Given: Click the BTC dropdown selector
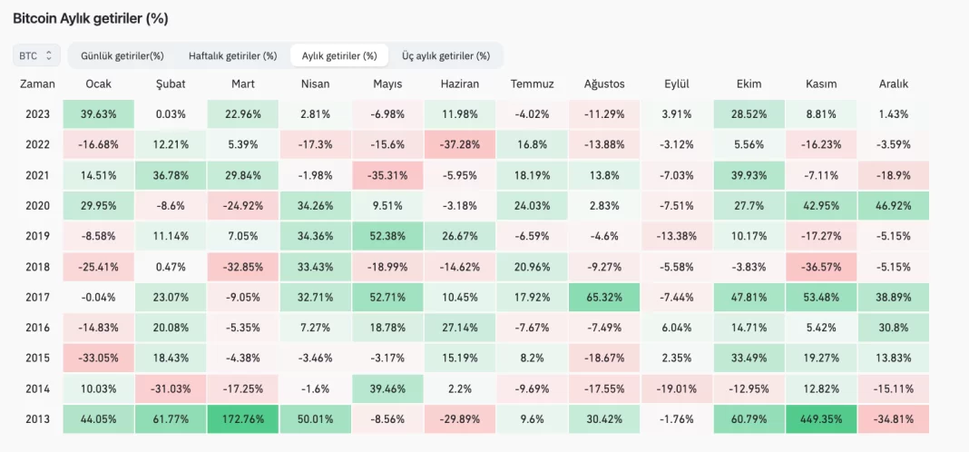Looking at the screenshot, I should [37, 55].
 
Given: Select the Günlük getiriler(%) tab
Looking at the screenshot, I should [122, 55].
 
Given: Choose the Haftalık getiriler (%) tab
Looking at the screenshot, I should [232, 55].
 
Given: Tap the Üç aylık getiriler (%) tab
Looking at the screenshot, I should [445, 55].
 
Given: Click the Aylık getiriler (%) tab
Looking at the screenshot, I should [338, 55].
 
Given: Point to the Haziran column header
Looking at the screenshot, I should [460, 84].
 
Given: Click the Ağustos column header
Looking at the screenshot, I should [604, 84].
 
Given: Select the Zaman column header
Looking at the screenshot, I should [36, 84].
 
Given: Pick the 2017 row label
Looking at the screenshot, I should [36, 296].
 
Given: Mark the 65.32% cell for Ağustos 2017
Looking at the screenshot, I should [604, 296].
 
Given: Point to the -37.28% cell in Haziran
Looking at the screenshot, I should [460, 145].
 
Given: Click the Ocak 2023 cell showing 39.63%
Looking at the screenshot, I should [98, 114].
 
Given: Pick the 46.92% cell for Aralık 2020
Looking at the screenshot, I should [894, 205].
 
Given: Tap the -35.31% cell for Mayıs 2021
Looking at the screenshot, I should [387, 175].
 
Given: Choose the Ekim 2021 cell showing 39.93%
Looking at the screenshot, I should [749, 175].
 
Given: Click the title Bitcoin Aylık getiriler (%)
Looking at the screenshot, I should [90, 18].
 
